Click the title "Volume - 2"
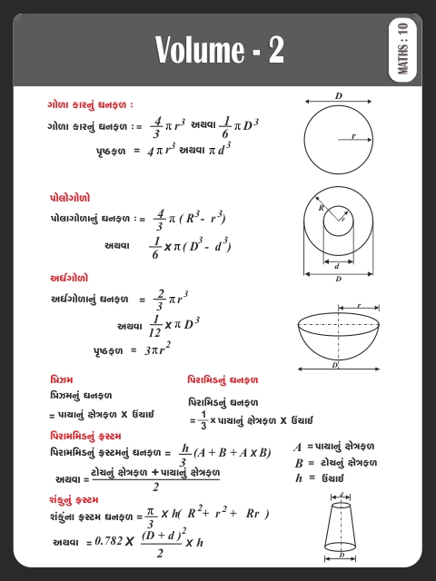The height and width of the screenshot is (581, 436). pyautogui.click(x=219, y=50)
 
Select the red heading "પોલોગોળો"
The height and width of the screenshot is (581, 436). pyautogui.click(x=70, y=197)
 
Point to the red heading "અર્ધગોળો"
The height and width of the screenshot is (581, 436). pyautogui.click(x=69, y=278)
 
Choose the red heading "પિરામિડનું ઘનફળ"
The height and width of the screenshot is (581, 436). pyautogui.click(x=223, y=379)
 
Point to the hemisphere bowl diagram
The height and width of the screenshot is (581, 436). pyautogui.click(x=338, y=340)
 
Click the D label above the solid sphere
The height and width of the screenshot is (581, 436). pyautogui.click(x=339, y=95)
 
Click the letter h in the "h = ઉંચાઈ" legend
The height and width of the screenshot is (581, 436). pyautogui.click(x=298, y=478)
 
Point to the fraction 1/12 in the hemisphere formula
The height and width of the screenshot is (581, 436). pyautogui.click(x=155, y=325)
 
